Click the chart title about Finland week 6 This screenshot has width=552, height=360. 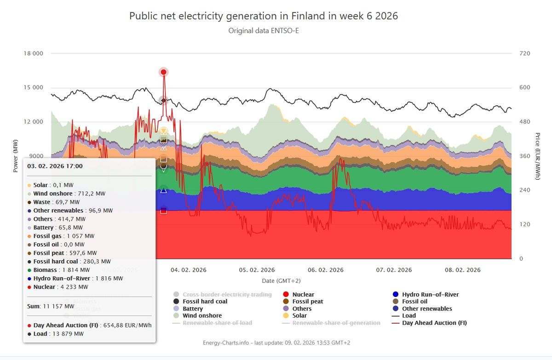pyautogui.click(x=264, y=16)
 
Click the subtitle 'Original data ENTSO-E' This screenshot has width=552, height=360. pyautogui.click(x=264, y=31)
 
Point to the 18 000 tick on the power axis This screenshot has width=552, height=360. pyautogui.click(x=34, y=53)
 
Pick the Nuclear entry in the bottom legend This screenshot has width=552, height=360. pyautogui.click(x=303, y=294)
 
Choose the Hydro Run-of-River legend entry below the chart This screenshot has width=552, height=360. pyautogui.click(x=430, y=294)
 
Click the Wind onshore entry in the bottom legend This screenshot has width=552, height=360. pyautogui.click(x=202, y=315)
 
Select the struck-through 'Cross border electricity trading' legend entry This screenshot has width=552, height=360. pyautogui.click(x=227, y=294)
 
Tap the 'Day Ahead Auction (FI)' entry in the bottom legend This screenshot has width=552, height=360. pyautogui.click(x=434, y=323)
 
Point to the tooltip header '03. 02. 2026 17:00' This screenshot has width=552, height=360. pyautogui.click(x=55, y=166)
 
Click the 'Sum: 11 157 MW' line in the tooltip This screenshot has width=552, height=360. pyautogui.click(x=51, y=306)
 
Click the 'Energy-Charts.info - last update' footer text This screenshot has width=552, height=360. pyautogui.click(x=276, y=343)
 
